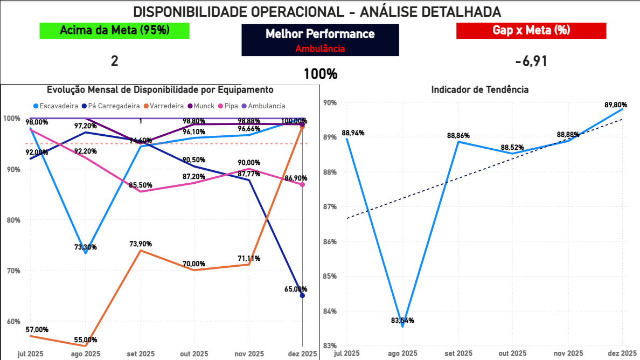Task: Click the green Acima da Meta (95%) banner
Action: point(115,31)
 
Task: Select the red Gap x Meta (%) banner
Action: point(531,31)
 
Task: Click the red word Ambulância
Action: point(320,49)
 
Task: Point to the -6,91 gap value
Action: point(531,61)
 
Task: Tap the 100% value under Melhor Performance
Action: point(320,74)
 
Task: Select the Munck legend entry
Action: point(203,106)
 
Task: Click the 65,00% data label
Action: point(295,289)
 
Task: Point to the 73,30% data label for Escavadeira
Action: point(86,247)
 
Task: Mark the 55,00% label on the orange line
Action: point(86,340)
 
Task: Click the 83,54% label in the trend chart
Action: point(402,321)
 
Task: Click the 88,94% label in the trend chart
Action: point(352,133)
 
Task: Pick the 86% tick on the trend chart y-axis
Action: point(330,241)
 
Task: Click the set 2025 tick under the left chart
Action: point(140,354)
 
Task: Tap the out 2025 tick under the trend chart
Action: point(513,354)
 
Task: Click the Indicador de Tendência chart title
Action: point(479,90)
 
